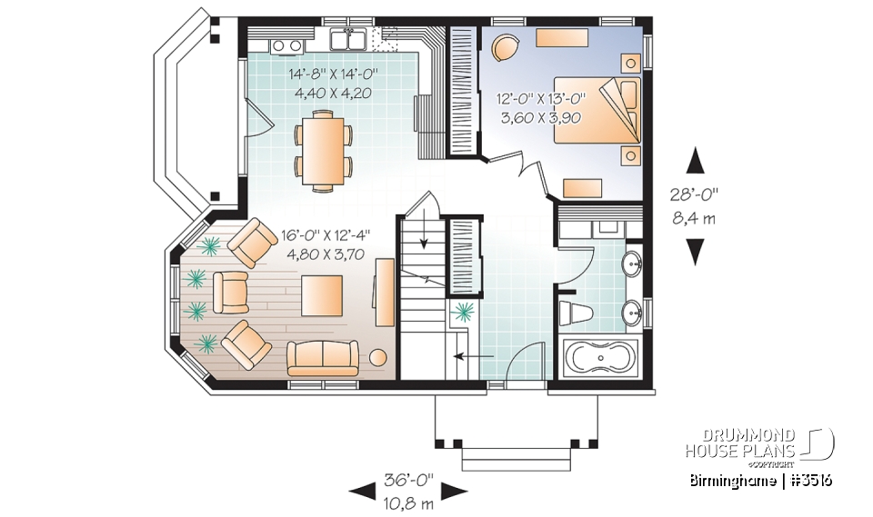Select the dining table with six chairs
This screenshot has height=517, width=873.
(323, 149)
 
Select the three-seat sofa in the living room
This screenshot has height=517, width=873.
(322, 357)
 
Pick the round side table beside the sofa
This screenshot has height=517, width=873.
(376, 358)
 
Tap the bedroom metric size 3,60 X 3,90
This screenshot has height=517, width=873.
(540, 117)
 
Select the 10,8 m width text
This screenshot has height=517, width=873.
(407, 499)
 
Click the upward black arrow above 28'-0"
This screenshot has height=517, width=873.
(696, 162)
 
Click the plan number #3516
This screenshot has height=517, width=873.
(813, 480)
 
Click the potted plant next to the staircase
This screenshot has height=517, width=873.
(464, 313)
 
